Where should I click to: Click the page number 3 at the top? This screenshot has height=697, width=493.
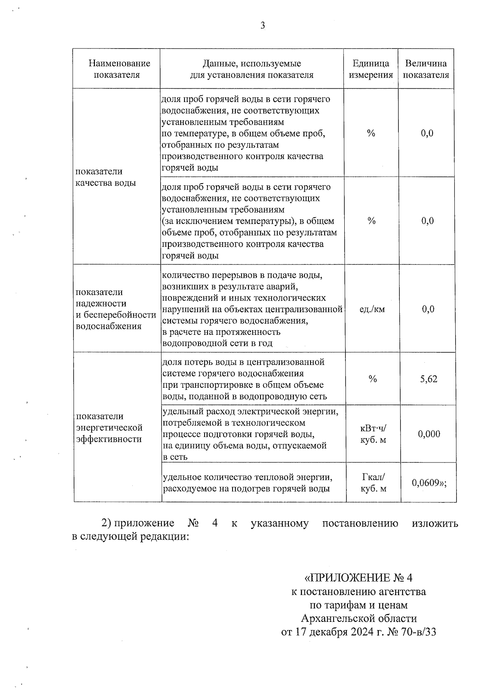pyautogui.click(x=263, y=26)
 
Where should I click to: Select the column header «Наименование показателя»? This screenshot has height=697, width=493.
pyautogui.click(x=120, y=69)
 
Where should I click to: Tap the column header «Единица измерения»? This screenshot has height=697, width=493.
pyautogui.click(x=371, y=69)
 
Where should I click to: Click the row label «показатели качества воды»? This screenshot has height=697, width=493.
pyautogui.click(x=106, y=177)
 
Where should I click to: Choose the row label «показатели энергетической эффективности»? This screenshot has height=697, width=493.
pyautogui.click(x=109, y=428)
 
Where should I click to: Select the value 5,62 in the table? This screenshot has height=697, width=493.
pyautogui.click(x=428, y=379)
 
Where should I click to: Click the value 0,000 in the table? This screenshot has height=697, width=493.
pyautogui.click(x=429, y=434)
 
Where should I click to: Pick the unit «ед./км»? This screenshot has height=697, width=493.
pyautogui.click(x=372, y=309)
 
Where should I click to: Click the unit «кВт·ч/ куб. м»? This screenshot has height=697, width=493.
pyautogui.click(x=373, y=434)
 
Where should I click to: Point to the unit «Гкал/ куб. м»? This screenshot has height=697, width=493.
pyautogui.click(x=373, y=483)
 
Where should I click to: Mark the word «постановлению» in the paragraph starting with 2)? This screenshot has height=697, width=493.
pyautogui.click(x=360, y=523)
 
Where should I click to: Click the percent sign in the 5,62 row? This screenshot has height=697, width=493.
pyautogui.click(x=373, y=379)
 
